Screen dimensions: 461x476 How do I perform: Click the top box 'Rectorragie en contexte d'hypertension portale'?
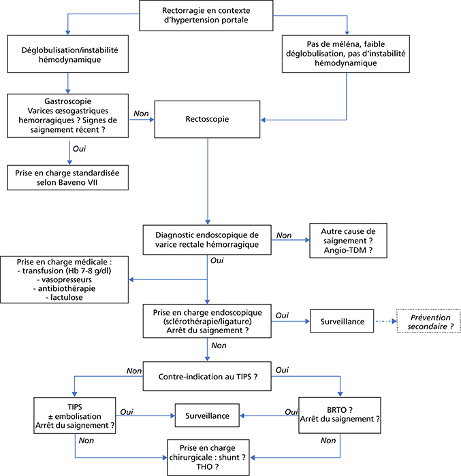point(206,15)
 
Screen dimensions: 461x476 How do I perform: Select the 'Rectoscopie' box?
point(207,119)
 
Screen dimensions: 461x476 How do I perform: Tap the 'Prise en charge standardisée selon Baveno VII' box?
point(67,177)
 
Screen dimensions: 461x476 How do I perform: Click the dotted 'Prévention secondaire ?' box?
point(428,322)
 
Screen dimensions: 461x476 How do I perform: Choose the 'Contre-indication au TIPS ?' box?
point(207,376)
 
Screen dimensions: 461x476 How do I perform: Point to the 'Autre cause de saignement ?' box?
point(348,241)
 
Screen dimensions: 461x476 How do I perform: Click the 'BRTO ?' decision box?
point(340,415)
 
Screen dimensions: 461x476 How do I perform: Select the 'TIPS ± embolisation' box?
point(75,415)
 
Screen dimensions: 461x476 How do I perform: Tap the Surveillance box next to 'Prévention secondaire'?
point(342,321)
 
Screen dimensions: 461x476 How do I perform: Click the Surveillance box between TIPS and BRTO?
point(207,415)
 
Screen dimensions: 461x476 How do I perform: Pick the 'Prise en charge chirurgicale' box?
point(208,458)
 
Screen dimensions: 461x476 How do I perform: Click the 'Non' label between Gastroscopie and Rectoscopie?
point(141,114)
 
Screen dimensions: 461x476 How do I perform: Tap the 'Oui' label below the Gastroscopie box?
point(80,149)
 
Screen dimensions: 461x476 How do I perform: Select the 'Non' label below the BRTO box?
point(328,441)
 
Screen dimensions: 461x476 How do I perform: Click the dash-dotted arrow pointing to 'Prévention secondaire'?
point(386,321)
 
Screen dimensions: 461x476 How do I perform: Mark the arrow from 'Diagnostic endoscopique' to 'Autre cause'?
point(290,240)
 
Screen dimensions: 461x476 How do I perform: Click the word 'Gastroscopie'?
point(68,101)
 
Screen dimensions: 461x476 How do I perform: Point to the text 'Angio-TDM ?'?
point(348,250)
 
